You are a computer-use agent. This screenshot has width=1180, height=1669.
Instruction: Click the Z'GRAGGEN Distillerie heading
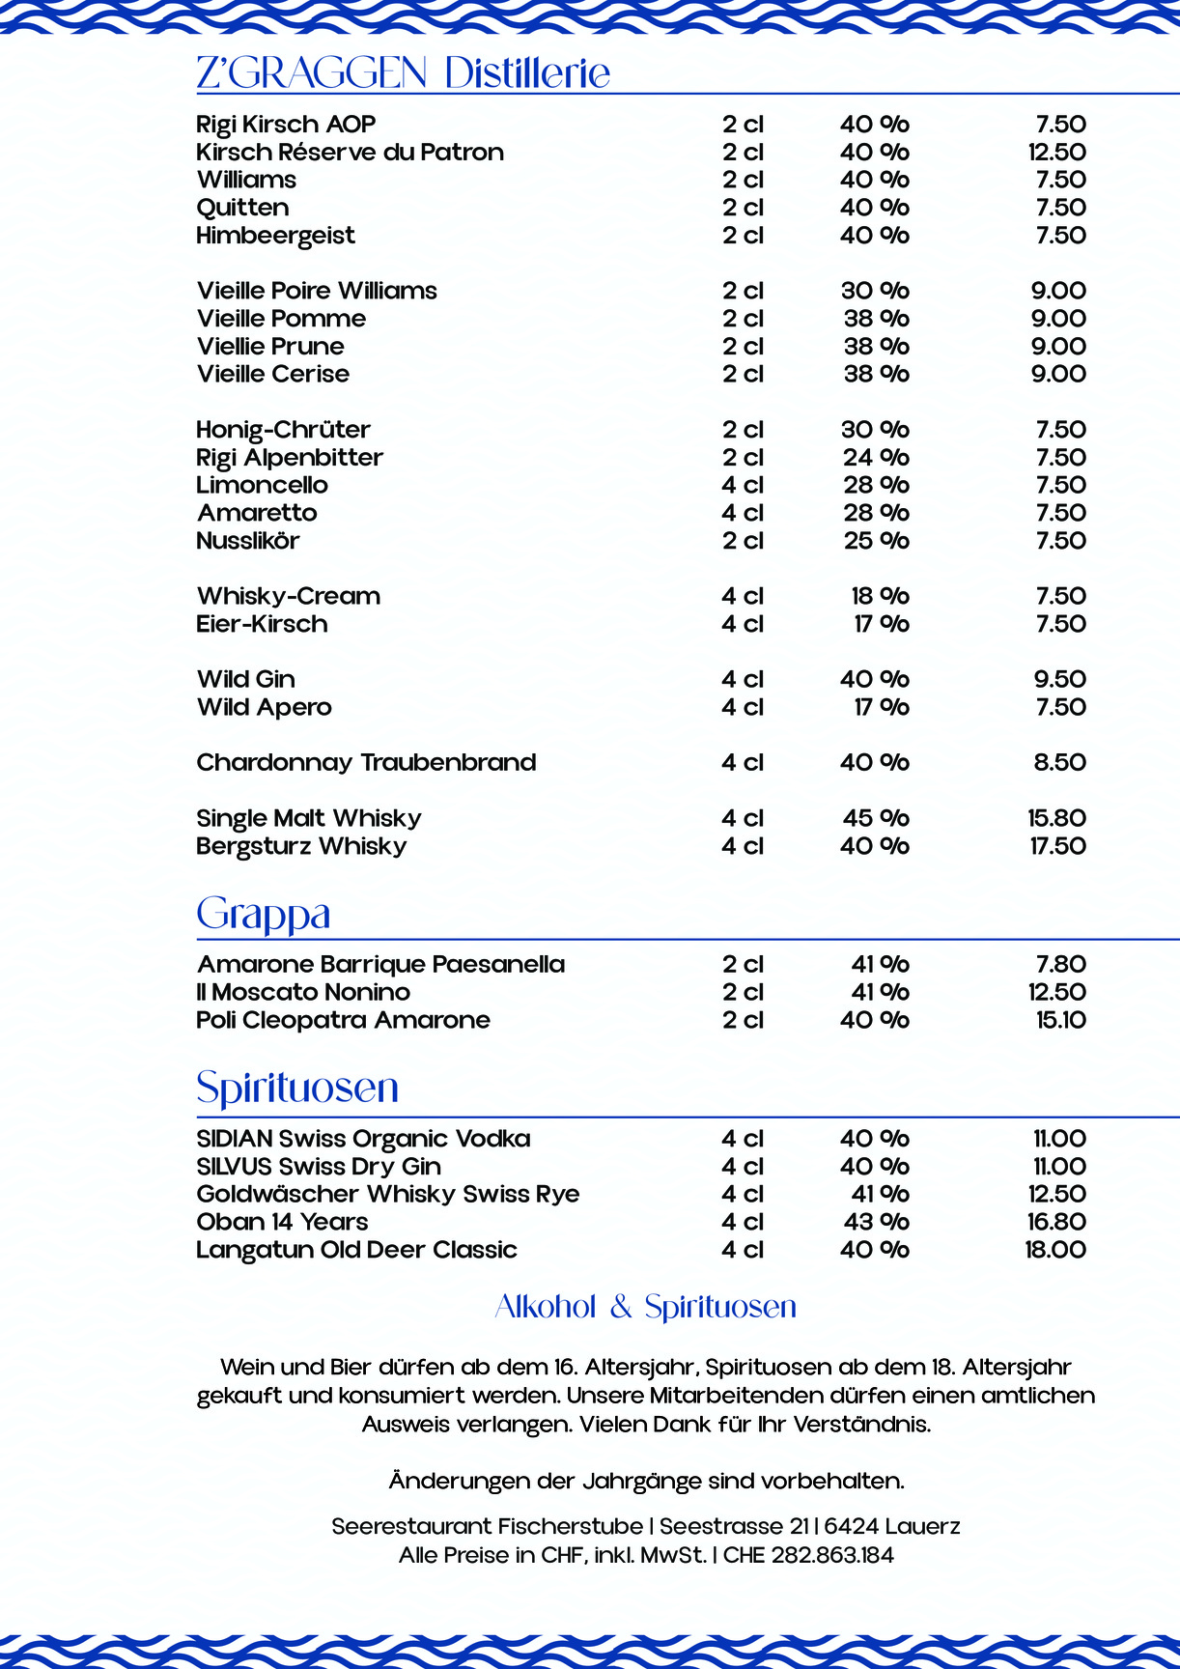(403, 73)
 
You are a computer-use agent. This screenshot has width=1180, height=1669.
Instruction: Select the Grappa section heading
(264, 914)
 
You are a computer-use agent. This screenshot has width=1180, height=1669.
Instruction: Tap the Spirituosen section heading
(297, 1088)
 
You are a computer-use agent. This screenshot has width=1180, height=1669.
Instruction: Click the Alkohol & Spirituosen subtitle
(645, 1307)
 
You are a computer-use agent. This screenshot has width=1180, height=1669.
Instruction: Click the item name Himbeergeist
(275, 236)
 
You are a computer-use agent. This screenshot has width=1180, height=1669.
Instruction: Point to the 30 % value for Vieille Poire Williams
(875, 291)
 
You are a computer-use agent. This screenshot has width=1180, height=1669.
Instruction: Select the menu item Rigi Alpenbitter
(290, 458)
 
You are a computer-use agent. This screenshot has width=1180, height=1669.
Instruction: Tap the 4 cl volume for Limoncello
(743, 486)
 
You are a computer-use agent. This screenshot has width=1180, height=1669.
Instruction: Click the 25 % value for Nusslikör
(876, 541)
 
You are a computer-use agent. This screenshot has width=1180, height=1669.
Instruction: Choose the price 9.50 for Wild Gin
(1059, 680)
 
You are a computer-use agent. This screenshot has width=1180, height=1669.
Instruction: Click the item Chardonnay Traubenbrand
(366, 763)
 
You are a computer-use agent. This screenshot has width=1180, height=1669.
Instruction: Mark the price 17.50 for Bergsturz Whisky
(1056, 846)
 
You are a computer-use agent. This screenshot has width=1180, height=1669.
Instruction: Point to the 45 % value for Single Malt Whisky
(876, 818)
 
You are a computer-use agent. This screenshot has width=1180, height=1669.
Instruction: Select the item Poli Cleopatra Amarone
(343, 1021)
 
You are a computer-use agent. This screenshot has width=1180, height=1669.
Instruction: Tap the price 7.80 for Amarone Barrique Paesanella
(1060, 965)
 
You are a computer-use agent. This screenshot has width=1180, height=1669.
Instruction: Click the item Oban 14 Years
(282, 1223)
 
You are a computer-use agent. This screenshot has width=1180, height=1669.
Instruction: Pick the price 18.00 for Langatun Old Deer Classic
(1054, 1250)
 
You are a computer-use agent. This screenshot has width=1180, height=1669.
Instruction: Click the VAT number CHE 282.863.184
(808, 1555)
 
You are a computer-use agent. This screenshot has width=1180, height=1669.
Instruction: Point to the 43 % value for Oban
(876, 1223)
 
